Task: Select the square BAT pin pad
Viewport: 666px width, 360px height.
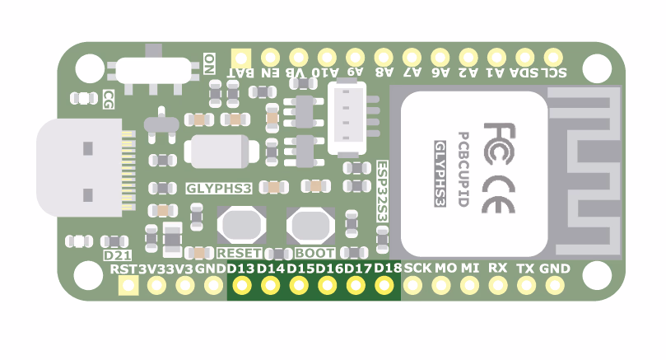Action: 241,58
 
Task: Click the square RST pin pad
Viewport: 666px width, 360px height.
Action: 128,285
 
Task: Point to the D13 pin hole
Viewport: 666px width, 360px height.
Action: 241,285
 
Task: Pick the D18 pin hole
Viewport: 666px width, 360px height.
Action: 384,285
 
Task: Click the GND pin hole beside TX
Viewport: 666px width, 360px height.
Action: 554,285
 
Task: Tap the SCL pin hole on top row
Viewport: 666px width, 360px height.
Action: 554,58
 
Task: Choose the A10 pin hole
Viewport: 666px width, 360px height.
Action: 327,58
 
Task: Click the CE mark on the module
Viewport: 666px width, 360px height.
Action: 499,190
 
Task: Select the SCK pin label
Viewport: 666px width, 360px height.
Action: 418,269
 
